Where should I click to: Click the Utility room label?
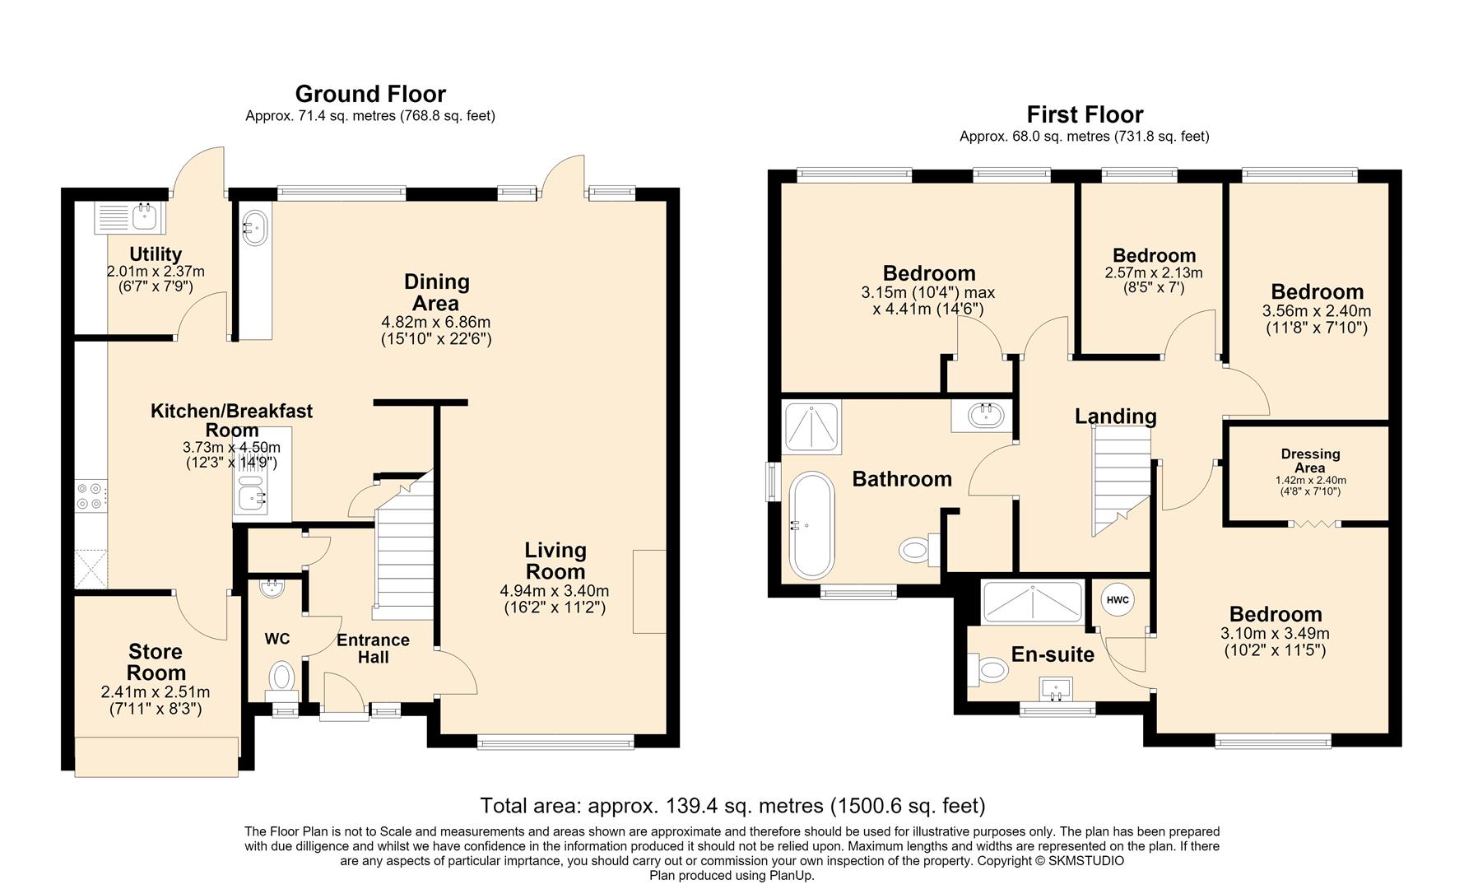coord(156,254)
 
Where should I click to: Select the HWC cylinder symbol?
coord(1118,600)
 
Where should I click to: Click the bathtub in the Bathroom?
coord(811,525)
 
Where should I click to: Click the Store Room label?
coord(156,662)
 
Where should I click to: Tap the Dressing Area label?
coord(1310,460)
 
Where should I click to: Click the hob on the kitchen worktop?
coord(90,495)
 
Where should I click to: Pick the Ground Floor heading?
coord(370,94)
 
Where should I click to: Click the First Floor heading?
coord(1085,114)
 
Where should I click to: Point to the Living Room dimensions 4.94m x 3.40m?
coord(555,591)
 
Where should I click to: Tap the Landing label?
coord(1115,417)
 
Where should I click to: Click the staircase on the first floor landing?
coord(1121,484)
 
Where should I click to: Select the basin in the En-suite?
coord(1057,687)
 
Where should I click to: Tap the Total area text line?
coord(732,805)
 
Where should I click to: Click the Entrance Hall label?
coord(373,649)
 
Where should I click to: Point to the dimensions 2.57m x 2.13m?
coord(1153,272)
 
